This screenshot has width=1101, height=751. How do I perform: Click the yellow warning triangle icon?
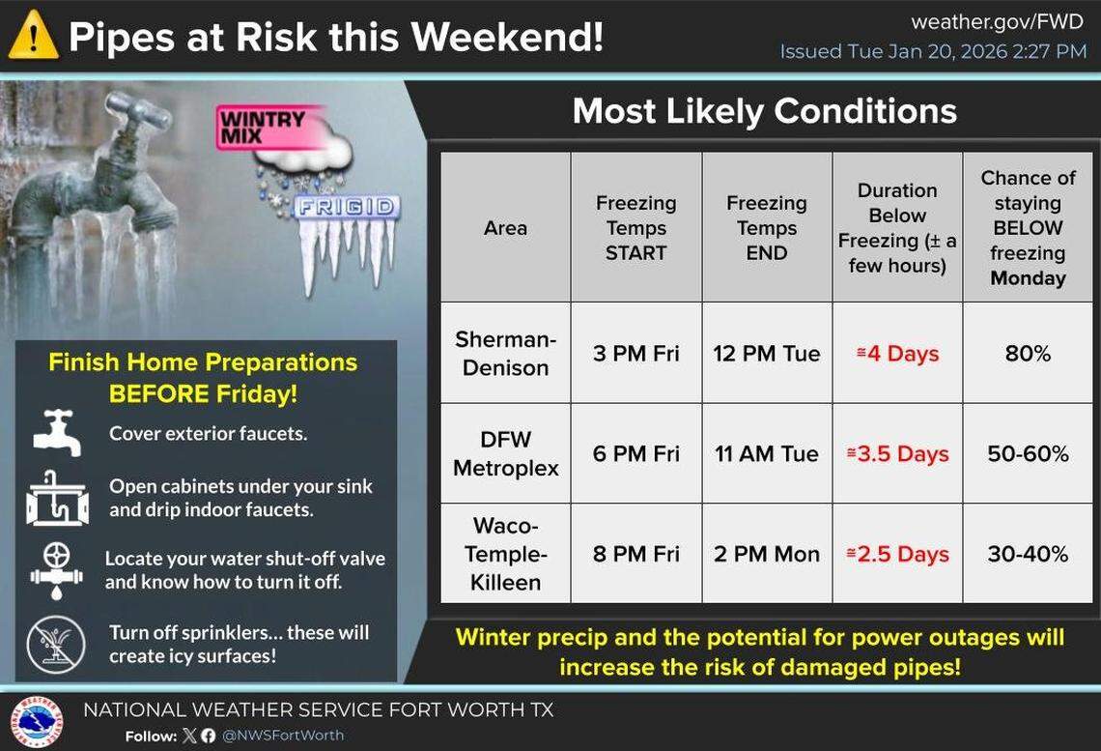click(33, 36)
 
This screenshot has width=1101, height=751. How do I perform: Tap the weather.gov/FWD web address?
click(998, 21)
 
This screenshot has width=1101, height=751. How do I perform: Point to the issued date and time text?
click(933, 51)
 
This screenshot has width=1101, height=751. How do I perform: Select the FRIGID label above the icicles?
click(347, 207)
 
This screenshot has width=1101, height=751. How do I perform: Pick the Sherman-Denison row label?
click(505, 354)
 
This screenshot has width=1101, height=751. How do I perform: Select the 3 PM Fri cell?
click(635, 354)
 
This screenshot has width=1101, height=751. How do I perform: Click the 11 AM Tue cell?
click(766, 454)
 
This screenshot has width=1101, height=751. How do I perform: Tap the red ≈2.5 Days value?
click(897, 555)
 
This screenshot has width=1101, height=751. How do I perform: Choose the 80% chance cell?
click(1028, 354)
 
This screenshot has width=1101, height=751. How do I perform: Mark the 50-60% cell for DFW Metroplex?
click(1028, 454)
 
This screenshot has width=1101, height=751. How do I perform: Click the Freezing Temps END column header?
click(766, 228)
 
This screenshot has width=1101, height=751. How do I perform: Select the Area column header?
click(505, 228)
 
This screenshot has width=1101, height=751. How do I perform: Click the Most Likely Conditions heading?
click(764, 111)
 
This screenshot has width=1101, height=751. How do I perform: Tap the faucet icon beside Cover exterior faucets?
click(57, 433)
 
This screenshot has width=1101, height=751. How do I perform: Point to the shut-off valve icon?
click(57, 569)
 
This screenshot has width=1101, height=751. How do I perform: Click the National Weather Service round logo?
click(36, 722)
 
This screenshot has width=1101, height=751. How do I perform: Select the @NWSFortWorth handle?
click(284, 736)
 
